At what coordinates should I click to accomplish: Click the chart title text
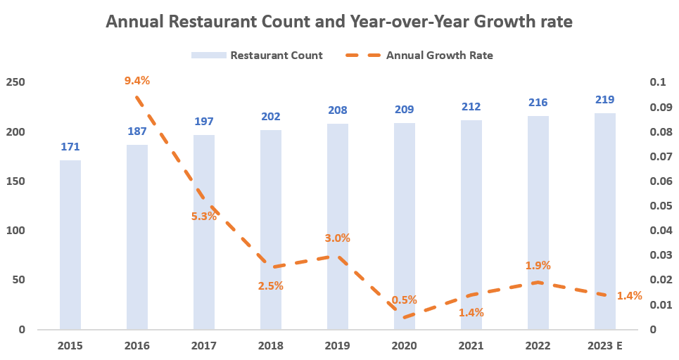pyautogui.click(x=339, y=22)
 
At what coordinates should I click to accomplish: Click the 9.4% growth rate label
pyautogui.click(x=137, y=80)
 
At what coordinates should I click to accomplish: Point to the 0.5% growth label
pyautogui.click(x=404, y=300)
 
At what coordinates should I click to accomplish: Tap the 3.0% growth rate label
pyautogui.click(x=338, y=238)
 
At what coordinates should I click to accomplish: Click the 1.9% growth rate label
pyautogui.click(x=538, y=265)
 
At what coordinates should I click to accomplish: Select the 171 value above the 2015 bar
pyautogui.click(x=70, y=147)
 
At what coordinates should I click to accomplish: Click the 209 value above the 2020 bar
pyautogui.click(x=405, y=109)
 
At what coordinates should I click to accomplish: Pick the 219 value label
pyautogui.click(x=605, y=100)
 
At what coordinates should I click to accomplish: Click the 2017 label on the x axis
pyautogui.click(x=204, y=346)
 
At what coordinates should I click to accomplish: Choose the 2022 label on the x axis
pyautogui.click(x=538, y=346)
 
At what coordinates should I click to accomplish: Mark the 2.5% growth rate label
pyautogui.click(x=271, y=285)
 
